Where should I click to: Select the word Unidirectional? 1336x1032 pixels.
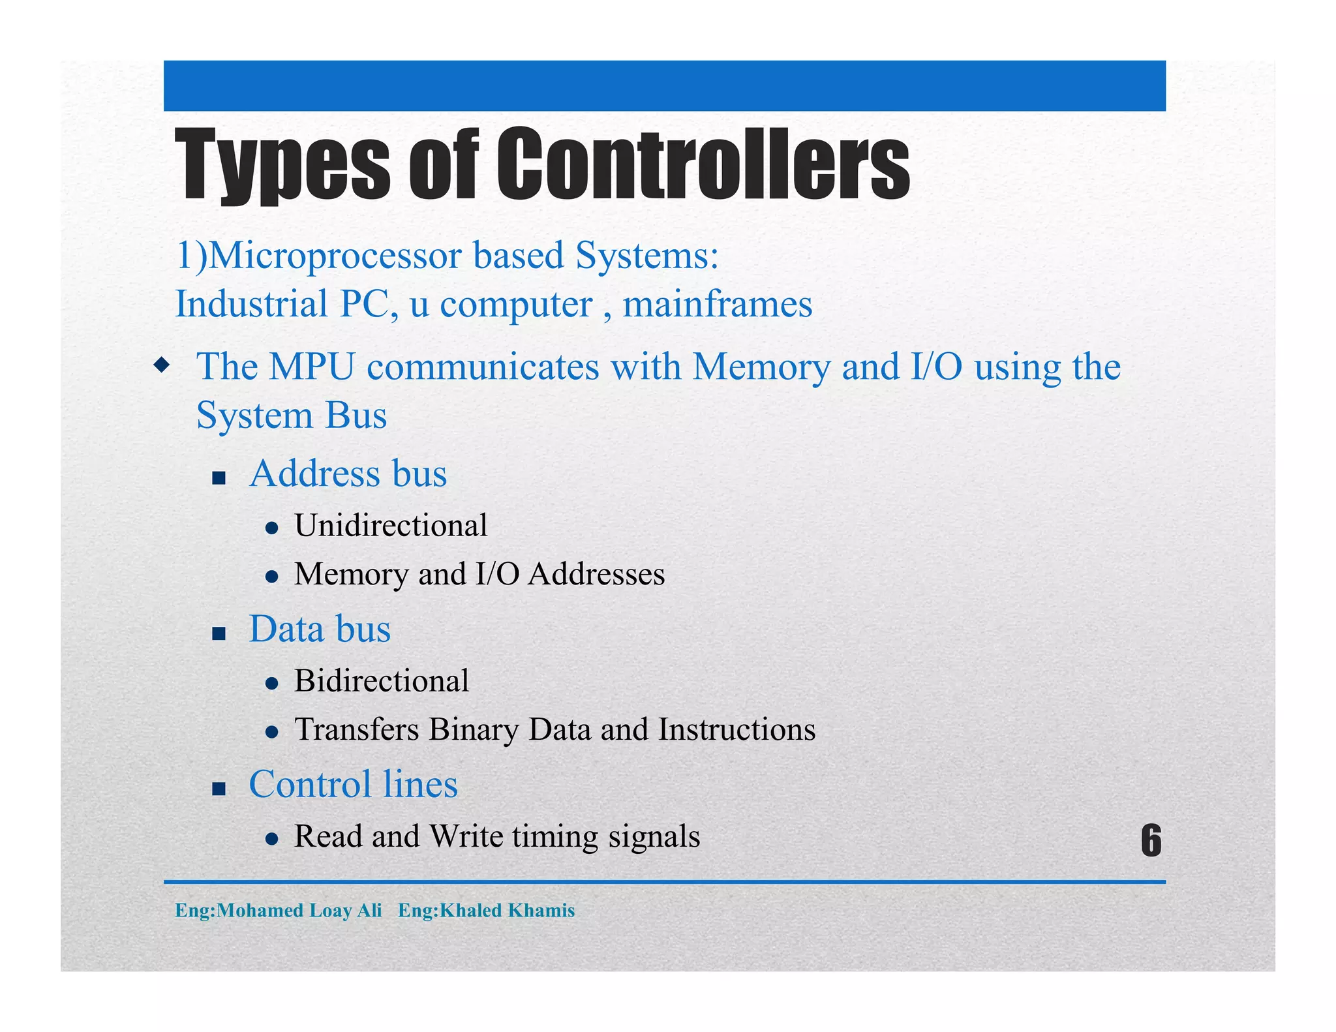click(391, 525)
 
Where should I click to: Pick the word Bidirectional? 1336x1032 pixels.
click(382, 680)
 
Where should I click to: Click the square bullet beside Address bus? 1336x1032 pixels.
click(219, 478)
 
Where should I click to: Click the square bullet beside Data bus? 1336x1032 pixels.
click(219, 633)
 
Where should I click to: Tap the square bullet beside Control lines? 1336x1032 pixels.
click(219, 789)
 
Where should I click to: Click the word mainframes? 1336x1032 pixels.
click(718, 305)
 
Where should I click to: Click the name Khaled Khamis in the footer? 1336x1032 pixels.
click(508, 910)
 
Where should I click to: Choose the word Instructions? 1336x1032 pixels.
click(736, 729)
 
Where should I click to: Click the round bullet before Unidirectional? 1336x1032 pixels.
click(273, 528)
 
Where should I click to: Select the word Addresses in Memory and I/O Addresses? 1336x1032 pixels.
click(596, 574)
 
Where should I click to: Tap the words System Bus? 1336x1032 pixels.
click(292, 416)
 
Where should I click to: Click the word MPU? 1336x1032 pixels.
click(311, 367)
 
